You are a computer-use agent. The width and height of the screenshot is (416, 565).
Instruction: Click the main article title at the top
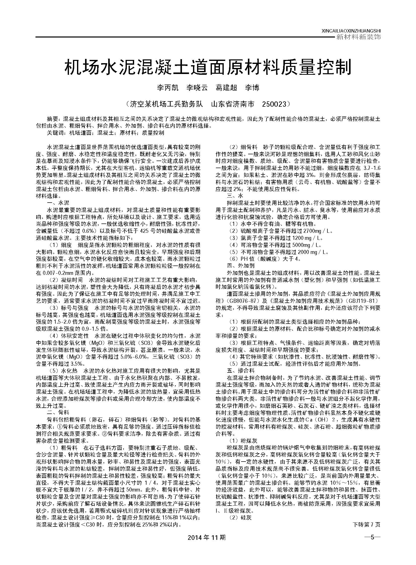(x=208, y=68)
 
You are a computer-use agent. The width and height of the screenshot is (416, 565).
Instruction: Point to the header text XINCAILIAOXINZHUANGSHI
(x=351, y=31)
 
